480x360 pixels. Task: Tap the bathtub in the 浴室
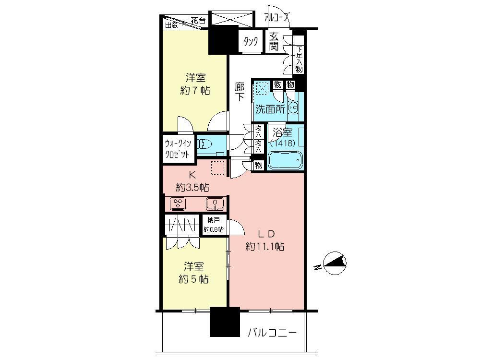(285, 160)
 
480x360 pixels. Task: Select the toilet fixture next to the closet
(205, 144)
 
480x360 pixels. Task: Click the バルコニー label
(273, 333)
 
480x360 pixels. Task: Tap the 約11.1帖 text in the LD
(265, 247)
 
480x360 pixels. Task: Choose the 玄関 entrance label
(274, 41)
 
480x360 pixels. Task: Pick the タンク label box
(251, 42)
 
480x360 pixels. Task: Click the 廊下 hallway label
(240, 91)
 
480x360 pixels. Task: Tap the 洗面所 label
(270, 108)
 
